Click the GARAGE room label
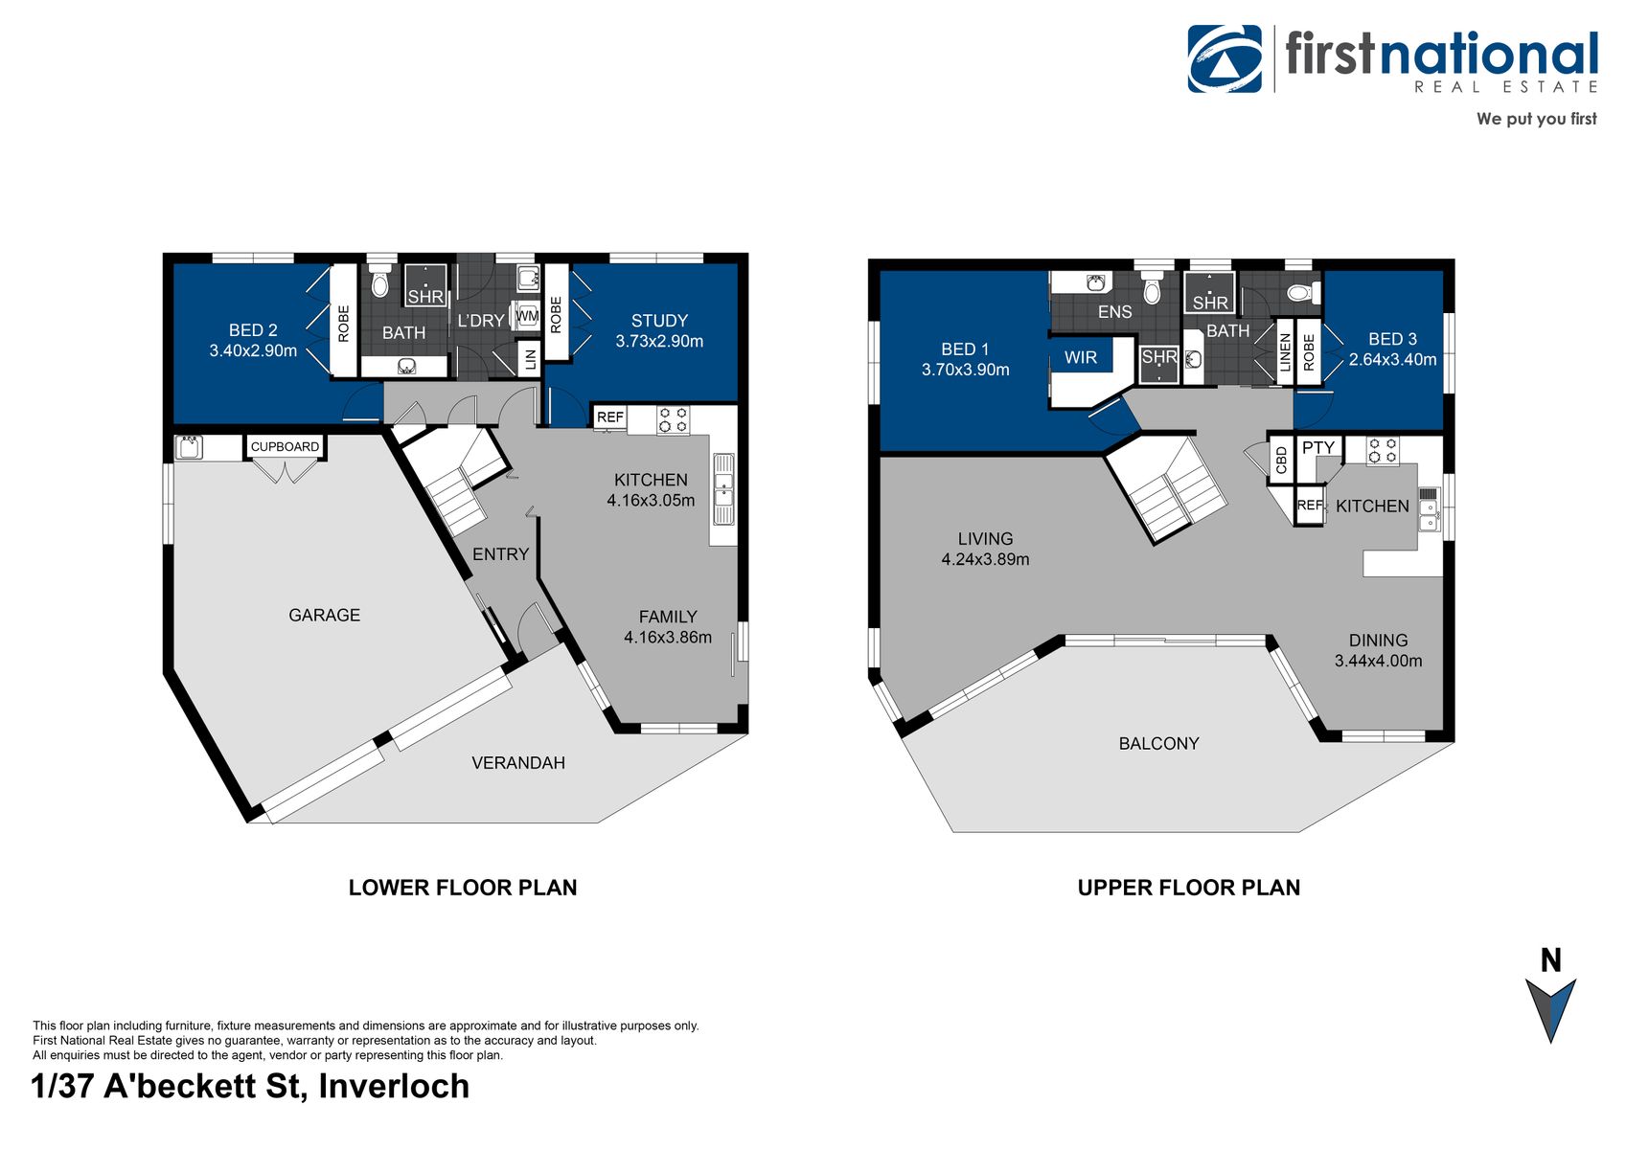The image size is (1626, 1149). point(324,616)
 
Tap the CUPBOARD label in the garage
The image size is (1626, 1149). point(285,447)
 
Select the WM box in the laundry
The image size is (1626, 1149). point(527,316)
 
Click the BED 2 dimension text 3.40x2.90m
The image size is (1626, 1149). point(253,351)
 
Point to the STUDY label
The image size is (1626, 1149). point(659,321)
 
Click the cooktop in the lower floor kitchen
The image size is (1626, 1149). point(673,419)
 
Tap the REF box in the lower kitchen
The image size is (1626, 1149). point(609,417)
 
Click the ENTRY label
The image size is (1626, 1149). point(500,554)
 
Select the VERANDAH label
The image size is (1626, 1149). point(517,763)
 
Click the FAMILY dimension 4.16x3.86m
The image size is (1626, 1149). point(668,638)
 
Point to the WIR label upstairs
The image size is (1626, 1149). point(1080,358)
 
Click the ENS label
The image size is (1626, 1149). point(1114,312)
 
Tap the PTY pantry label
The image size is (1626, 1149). point(1318,448)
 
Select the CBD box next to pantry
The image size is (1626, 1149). point(1281,460)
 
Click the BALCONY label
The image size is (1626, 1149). point(1158,744)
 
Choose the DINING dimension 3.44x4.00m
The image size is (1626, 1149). point(1378,662)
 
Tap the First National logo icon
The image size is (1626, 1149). point(1225,59)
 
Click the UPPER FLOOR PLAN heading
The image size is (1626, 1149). point(1188,888)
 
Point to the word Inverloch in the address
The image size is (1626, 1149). point(394,1087)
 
